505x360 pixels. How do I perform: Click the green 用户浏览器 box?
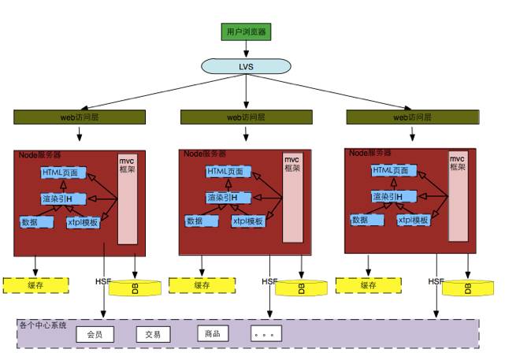coord(247,32)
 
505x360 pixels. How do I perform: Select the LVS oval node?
coord(246,67)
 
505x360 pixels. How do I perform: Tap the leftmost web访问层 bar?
coord(80,117)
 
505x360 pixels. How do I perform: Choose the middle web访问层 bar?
coord(247,117)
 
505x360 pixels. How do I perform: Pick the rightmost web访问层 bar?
coord(412,117)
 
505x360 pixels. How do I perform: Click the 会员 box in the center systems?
coord(95,334)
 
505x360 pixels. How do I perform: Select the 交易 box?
coord(153,334)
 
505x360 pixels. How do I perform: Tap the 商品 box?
coord(212,333)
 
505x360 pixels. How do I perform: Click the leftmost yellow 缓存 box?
coord(35,284)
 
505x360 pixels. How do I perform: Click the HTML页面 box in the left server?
coord(61,173)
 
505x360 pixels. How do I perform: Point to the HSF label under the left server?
coord(103,281)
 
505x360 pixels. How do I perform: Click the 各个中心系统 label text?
coord(43,325)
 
